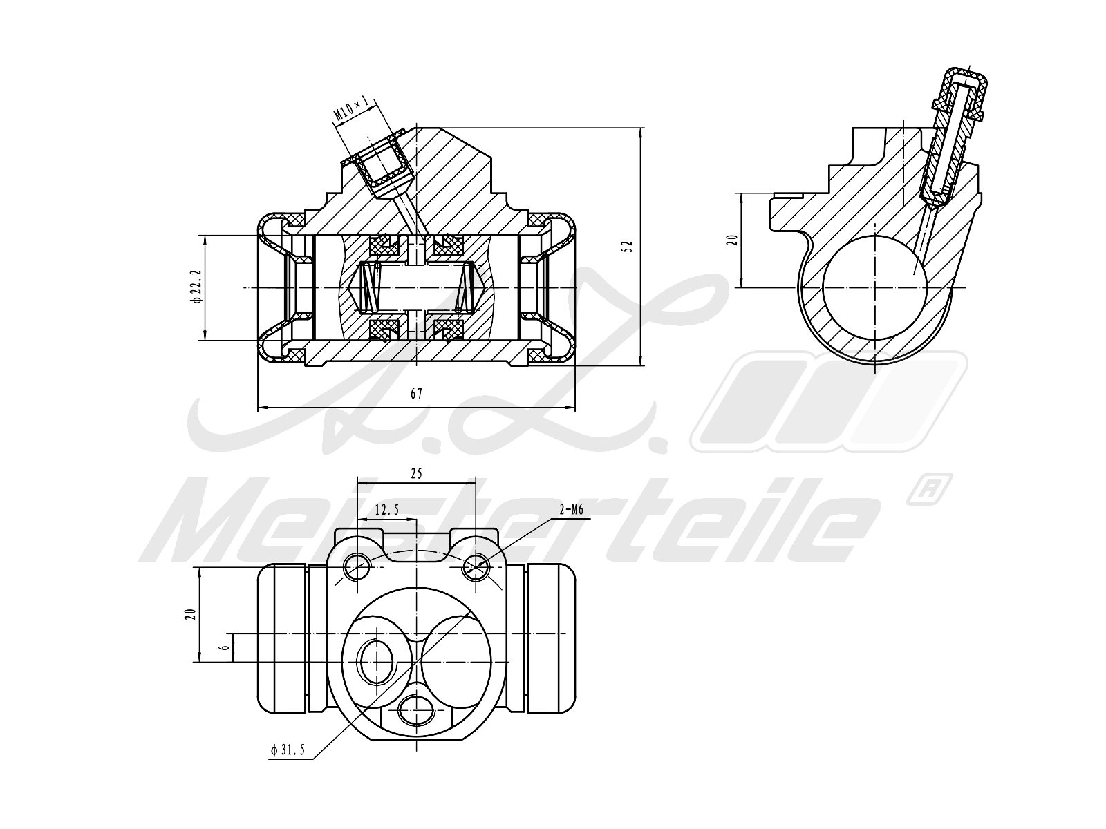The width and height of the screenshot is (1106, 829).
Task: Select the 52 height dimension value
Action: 627,246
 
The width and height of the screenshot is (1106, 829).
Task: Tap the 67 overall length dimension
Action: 416,394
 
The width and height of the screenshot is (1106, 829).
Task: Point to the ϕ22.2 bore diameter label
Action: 196,287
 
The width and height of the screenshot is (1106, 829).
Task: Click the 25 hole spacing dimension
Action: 416,473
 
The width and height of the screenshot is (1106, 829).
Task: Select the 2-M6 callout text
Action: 572,511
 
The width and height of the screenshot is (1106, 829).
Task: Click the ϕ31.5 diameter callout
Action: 288,750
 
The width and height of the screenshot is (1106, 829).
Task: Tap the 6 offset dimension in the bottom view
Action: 223,647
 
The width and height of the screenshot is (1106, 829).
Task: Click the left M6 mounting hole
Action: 357,566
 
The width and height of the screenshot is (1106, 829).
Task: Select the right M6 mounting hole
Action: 476,566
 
